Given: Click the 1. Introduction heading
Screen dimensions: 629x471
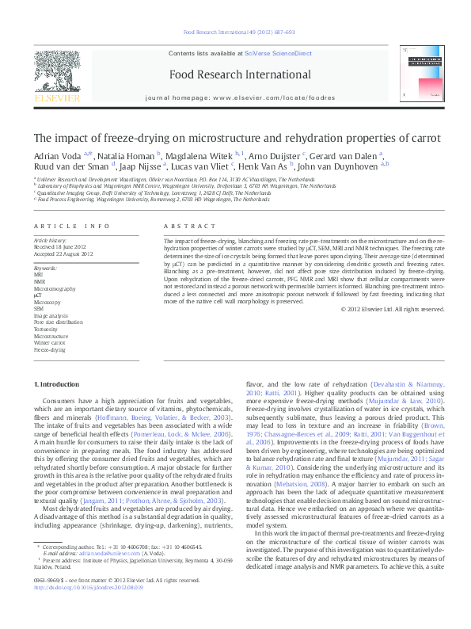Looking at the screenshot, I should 58,384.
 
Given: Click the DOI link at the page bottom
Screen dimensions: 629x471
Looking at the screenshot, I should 78,610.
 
